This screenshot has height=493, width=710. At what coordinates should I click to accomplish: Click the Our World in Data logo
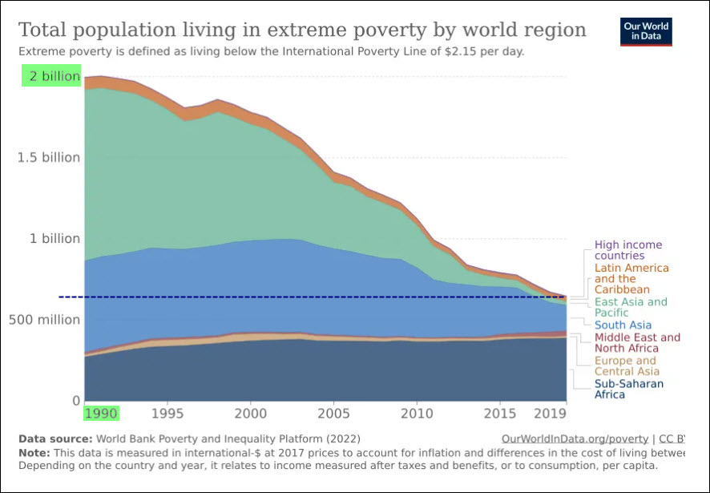647,31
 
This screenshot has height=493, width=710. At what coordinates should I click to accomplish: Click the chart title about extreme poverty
302,30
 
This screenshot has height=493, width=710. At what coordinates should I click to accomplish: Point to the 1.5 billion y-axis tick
49,157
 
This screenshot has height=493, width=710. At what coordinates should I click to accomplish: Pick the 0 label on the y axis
76,401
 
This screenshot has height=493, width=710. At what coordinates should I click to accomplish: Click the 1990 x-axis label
101,414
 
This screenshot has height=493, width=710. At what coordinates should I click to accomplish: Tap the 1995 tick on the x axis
167,414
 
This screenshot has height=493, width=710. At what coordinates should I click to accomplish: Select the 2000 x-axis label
251,414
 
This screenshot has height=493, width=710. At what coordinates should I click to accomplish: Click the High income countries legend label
627,250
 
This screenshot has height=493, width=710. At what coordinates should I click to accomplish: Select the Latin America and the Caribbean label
631,279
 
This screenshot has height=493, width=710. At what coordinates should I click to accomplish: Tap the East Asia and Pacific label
630,308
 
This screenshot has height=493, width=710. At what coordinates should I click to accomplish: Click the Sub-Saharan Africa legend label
628,389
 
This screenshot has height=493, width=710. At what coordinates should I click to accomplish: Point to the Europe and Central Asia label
625,366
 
